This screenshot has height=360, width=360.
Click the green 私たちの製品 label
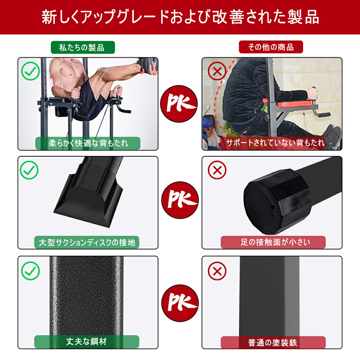click(83, 47)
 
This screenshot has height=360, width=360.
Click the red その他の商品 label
click(271, 47)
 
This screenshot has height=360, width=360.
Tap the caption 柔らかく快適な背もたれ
click(88, 143)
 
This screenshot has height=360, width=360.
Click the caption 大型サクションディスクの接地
click(87, 242)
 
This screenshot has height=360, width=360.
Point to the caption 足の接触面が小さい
click(273, 242)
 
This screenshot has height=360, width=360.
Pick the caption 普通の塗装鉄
click(273, 342)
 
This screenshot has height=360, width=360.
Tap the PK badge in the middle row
click(180, 200)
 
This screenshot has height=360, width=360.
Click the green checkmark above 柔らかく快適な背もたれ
click(30, 71)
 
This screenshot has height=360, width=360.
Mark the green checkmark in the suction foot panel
click(29, 170)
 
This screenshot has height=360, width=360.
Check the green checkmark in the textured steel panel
click(30, 271)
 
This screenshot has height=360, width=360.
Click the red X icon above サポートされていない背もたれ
click(217, 71)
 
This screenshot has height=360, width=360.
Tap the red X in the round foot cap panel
click(217, 170)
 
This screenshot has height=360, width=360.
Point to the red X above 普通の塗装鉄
click(217, 271)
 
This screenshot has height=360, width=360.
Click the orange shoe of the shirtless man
click(148, 67)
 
